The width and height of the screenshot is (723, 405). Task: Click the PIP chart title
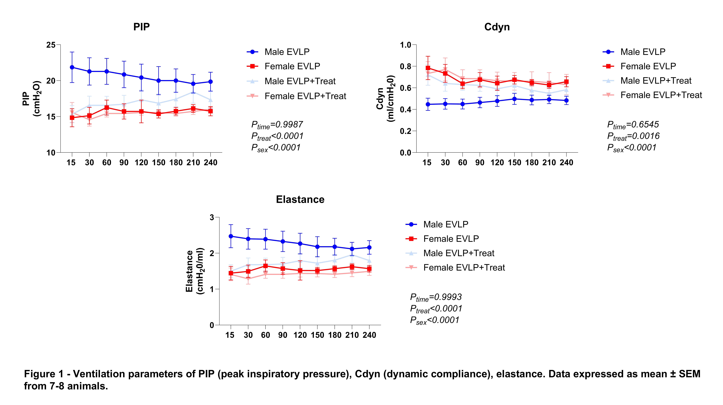[141, 27]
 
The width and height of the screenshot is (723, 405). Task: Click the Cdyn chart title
[497, 27]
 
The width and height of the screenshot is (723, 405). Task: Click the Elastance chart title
[300, 200]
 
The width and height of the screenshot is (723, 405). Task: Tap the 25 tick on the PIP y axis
[51, 45]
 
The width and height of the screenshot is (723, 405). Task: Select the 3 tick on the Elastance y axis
[212, 218]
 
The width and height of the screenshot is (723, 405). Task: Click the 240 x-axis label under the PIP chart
[211, 163]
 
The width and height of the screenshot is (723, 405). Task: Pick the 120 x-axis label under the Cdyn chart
[497, 163]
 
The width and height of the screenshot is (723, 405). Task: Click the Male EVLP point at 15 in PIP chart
[72, 67]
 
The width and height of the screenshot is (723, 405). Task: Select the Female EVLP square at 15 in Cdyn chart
[428, 68]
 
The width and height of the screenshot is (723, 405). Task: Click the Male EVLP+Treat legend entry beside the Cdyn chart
[656, 81]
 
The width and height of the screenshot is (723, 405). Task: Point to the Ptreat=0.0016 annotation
[633, 136]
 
